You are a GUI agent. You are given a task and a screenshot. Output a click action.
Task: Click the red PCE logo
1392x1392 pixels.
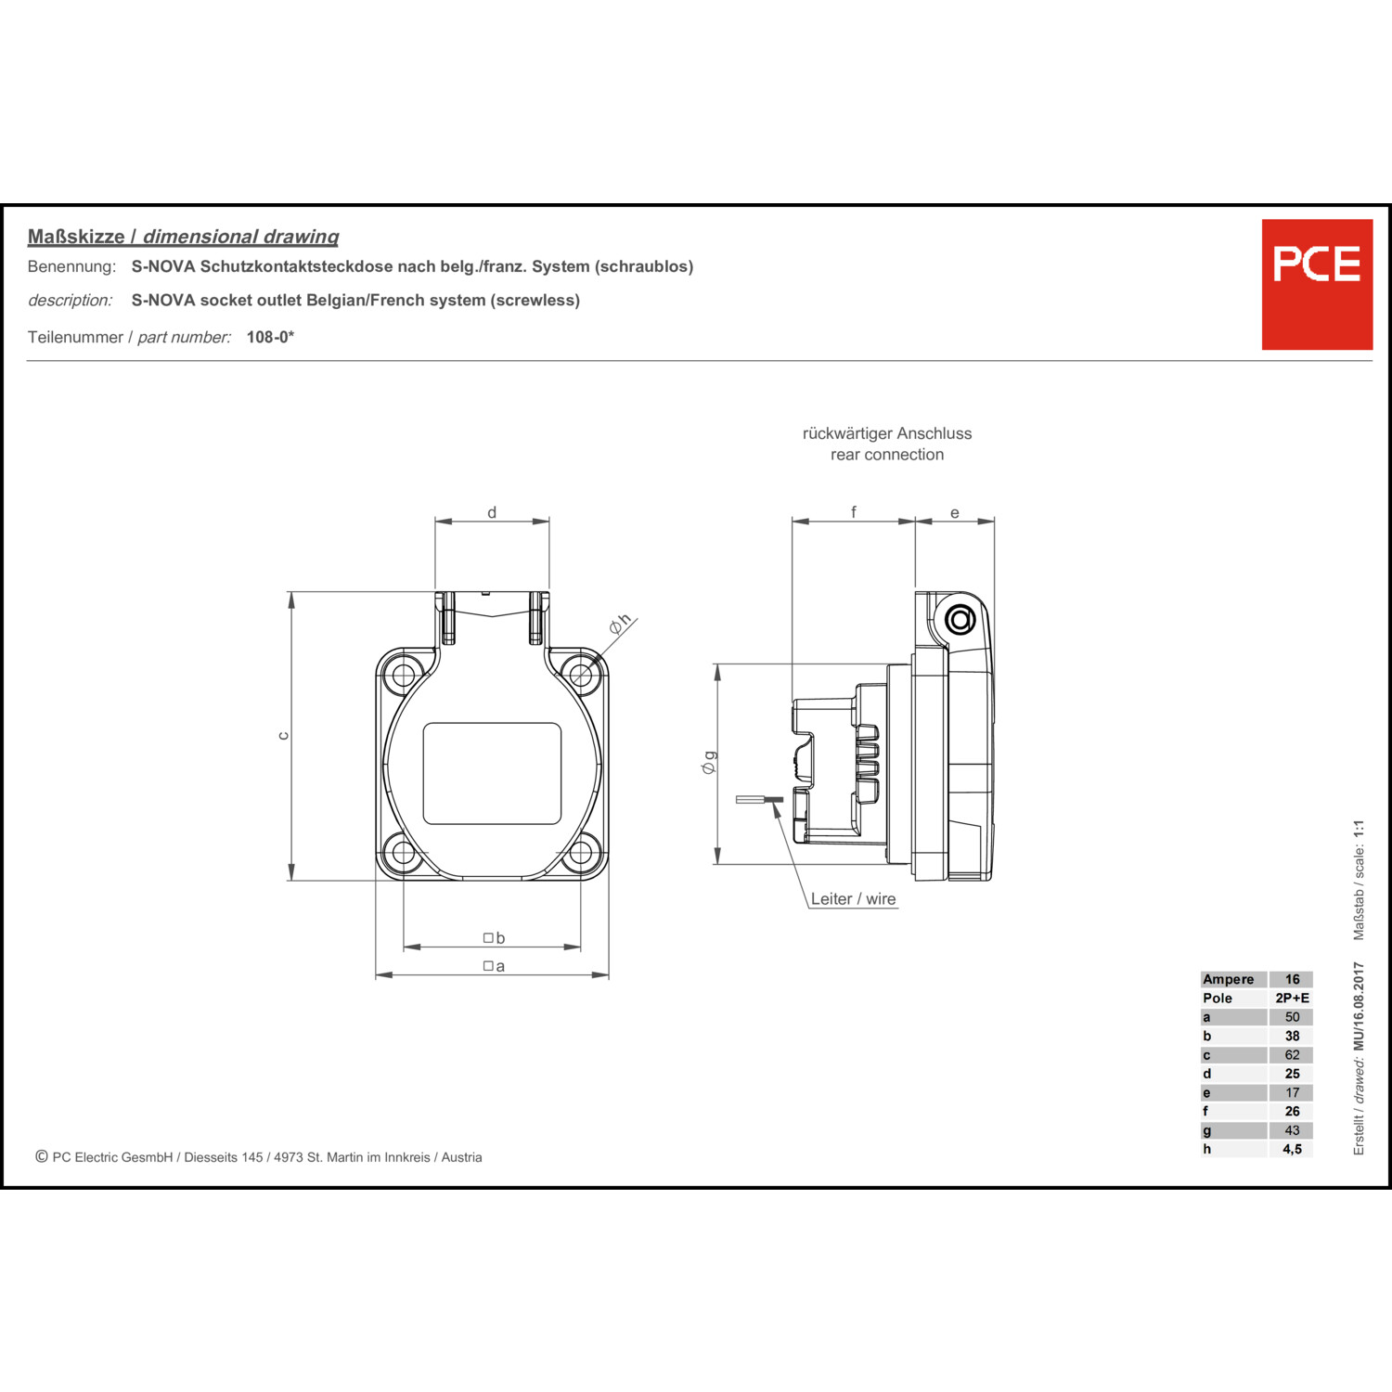(1317, 284)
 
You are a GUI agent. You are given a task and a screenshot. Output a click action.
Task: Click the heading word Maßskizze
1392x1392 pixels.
(76, 237)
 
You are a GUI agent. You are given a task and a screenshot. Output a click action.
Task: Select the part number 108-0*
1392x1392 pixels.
(270, 337)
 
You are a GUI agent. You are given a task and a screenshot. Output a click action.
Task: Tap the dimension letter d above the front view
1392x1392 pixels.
(492, 512)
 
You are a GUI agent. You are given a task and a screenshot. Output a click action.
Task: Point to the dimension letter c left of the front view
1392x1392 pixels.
(284, 736)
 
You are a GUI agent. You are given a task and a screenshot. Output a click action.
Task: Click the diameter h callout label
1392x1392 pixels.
(620, 624)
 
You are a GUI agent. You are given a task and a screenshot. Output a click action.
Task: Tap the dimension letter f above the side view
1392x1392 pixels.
(854, 511)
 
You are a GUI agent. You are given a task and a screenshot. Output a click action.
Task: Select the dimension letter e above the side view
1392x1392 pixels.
(954, 513)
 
